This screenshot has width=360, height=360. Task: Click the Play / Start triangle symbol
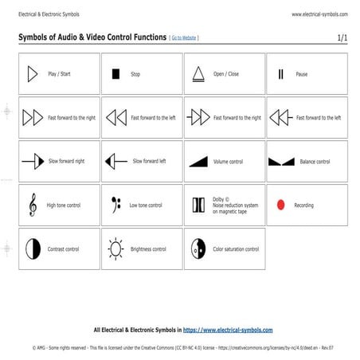point(32,74)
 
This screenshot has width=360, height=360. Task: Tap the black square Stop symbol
point(115,74)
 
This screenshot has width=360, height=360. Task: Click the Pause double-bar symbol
point(280,74)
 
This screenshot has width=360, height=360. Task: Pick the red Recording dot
point(280,205)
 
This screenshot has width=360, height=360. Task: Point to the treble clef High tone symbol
point(32,205)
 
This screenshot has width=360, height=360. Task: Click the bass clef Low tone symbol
point(115,204)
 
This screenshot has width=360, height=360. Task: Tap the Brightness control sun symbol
point(115,248)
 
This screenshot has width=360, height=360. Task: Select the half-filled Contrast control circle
point(33,248)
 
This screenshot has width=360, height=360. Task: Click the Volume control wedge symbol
point(198,161)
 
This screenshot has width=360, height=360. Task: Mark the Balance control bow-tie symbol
point(281,162)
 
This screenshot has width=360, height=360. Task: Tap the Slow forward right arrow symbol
point(33,161)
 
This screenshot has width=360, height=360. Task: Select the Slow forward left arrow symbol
point(116,161)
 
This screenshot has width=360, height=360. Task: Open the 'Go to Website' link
point(184,37)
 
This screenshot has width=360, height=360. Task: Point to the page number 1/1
point(342,37)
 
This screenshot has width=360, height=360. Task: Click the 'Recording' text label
point(304,205)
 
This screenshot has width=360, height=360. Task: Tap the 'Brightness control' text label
point(148,249)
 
